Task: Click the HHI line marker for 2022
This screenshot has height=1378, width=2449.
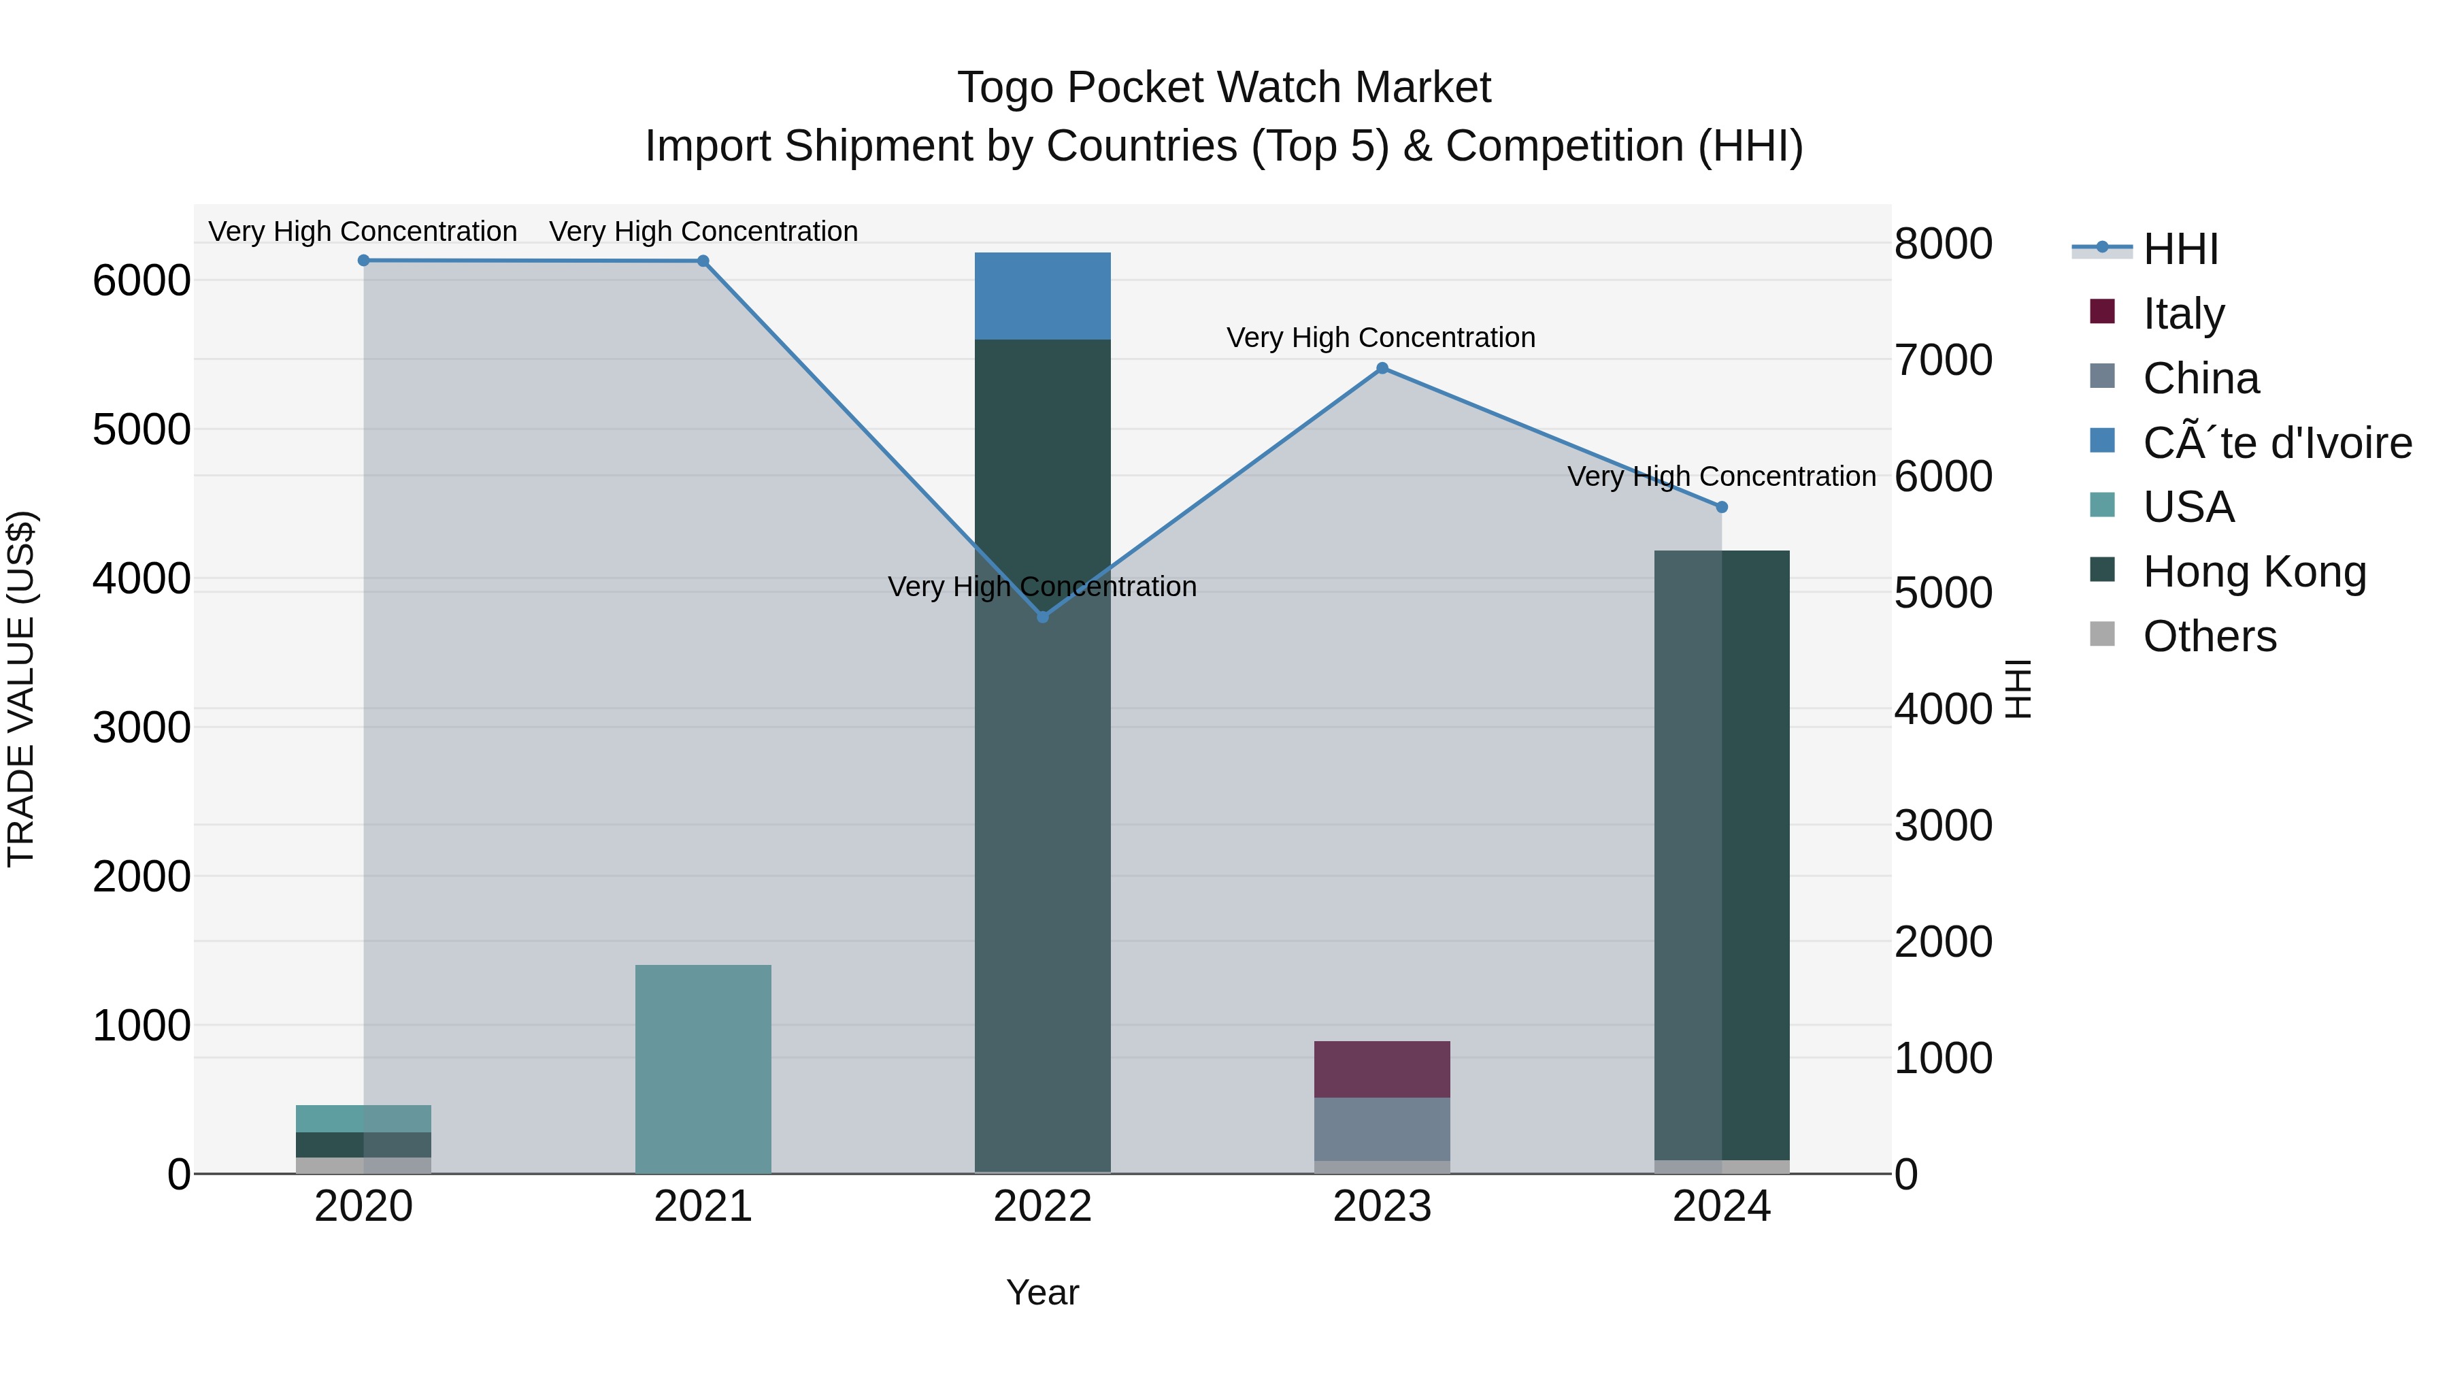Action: [1042, 617]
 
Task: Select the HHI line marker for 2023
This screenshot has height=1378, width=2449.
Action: [1382, 368]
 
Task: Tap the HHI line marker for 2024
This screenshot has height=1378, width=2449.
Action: [1721, 507]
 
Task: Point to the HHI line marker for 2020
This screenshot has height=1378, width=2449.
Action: [363, 260]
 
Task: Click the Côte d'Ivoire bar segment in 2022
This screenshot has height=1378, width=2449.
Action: [1042, 296]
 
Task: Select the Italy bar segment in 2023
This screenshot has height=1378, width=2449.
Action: [1382, 1069]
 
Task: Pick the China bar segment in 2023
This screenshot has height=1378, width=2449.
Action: [1382, 1129]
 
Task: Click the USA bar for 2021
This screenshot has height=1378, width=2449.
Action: [703, 1069]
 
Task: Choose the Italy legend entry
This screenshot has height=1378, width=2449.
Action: [2183, 313]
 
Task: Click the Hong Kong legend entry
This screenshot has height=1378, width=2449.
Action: [2253, 571]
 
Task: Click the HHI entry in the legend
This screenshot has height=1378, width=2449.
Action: [2180, 248]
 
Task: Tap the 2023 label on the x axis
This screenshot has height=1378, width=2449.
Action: [1382, 1206]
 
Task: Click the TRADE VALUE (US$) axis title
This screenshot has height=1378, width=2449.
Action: [21, 689]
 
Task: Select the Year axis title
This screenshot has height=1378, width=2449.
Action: [1042, 1292]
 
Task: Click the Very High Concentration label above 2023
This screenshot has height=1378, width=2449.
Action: [1380, 338]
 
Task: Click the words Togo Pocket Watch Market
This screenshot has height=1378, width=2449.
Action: [1224, 88]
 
